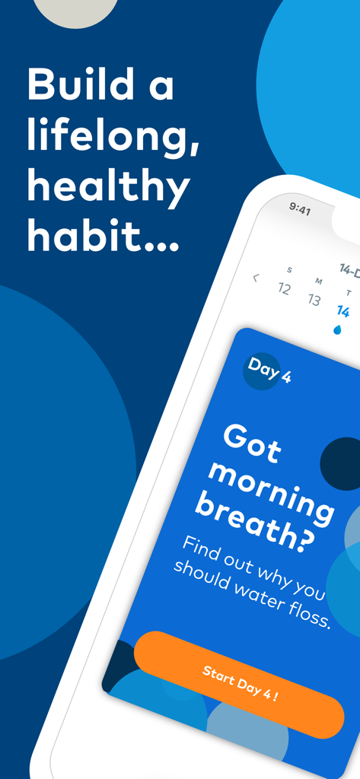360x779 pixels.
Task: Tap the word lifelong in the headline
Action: point(113,137)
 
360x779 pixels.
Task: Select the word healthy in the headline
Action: point(108,187)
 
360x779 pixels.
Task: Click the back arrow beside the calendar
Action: point(256,278)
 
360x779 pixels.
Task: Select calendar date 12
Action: point(285,289)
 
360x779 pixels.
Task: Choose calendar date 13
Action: point(314,300)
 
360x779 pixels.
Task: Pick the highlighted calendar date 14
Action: point(343,311)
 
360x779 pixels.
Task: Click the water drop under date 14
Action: point(338,329)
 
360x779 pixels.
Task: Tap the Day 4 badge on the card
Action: point(268,370)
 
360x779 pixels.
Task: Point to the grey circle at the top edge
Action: point(76,9)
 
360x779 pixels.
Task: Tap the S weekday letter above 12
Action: point(289,270)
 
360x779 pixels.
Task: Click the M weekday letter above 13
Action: point(318,281)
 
